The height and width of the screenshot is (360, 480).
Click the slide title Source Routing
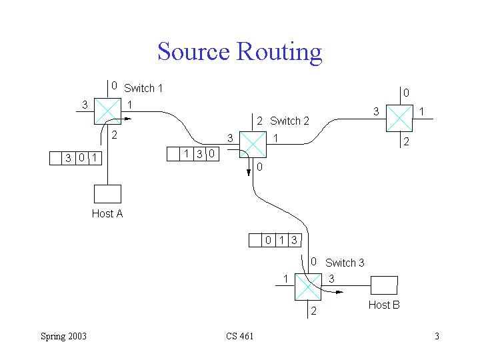coord(239,51)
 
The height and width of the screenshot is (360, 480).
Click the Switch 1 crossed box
coord(107,111)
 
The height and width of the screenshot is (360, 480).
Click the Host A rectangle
coord(107,193)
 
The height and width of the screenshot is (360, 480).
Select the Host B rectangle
coord(383,285)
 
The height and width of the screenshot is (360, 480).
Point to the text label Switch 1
coord(143,88)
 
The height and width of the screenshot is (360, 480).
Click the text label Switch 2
coord(289,121)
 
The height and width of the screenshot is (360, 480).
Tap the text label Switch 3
coord(345,263)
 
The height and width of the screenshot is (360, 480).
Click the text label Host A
coord(107,214)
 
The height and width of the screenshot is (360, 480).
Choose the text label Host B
coord(384,305)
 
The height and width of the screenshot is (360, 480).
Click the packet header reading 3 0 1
coord(75,158)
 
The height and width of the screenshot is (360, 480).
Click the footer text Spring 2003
coord(63,336)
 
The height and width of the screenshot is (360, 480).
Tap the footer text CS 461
coord(239,336)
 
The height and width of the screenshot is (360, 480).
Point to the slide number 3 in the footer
coord(437,336)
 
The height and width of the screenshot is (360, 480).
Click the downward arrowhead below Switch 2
coord(249,171)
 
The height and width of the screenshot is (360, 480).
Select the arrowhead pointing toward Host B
coord(339,291)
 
